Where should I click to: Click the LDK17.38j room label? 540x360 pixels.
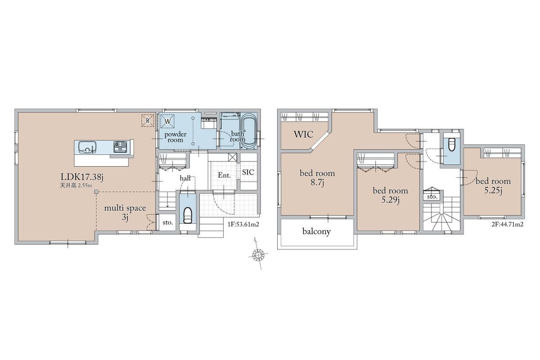point(82,177)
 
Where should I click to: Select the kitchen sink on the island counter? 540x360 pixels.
point(87,147)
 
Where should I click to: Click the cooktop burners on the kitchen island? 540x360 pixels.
point(120,147)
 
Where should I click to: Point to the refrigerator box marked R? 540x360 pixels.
point(148,120)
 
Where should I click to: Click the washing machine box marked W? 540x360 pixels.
point(167,121)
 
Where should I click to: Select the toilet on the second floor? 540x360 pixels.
point(451,144)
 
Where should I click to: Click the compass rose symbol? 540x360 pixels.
point(258,254)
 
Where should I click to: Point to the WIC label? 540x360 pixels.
point(303,134)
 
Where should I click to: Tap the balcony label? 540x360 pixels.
point(316,231)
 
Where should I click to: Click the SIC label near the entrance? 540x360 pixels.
point(248,172)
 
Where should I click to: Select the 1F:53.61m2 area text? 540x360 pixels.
point(243,225)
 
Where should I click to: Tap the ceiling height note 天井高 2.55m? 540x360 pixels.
point(76,185)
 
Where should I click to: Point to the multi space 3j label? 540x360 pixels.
point(125,213)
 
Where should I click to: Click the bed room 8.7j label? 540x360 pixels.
point(317,178)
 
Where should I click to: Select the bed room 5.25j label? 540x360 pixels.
point(493,186)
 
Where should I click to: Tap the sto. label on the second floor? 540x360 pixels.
point(432,197)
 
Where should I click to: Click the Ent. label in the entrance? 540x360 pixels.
point(224,175)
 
